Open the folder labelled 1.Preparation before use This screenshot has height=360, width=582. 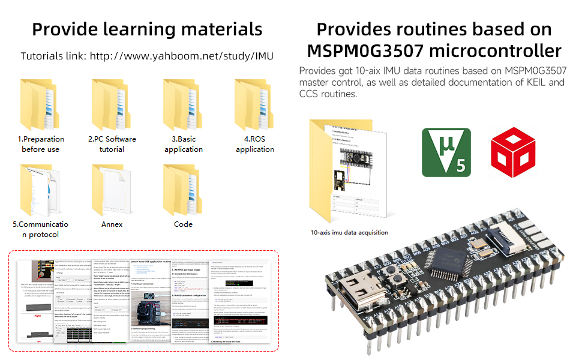tap(41, 106)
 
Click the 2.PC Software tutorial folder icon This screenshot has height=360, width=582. tap(112, 106)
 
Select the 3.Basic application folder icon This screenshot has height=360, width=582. tap(183, 106)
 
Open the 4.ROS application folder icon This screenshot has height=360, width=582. tap(254, 106)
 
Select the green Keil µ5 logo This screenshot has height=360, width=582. tap(446, 152)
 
